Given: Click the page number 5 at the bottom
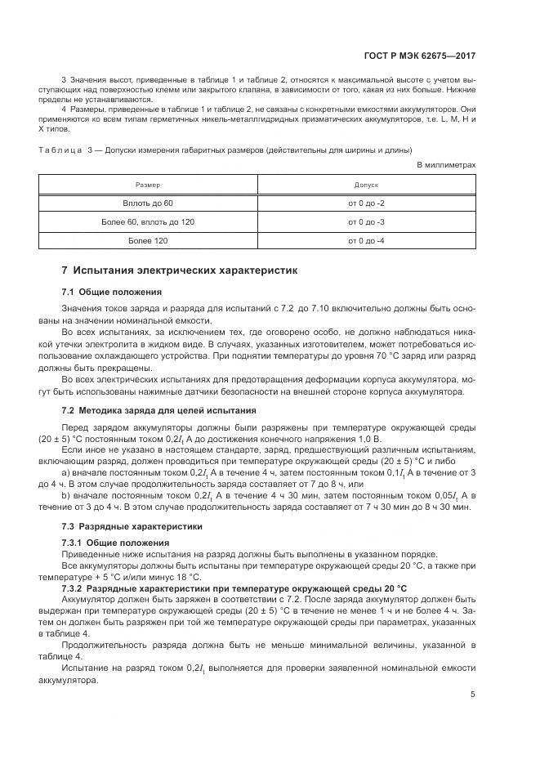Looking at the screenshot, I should pos(472,695).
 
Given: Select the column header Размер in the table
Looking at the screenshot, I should pos(148,185).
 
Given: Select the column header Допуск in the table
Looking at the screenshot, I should pos(366,185).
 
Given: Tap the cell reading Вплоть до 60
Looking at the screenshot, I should pos(148,202).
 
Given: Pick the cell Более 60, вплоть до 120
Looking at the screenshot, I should pos(148,221).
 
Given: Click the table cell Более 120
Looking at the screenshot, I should pos(148,241).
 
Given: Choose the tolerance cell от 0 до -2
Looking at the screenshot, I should pos(366,202).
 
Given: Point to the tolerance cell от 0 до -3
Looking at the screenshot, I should pos(366,221).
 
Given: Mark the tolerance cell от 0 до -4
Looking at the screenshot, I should pos(366,241).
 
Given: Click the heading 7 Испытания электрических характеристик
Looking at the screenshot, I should pos(181,270).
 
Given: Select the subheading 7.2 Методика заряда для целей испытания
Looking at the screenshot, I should pos(159,410).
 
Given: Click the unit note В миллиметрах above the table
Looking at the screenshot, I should pos(446,164).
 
